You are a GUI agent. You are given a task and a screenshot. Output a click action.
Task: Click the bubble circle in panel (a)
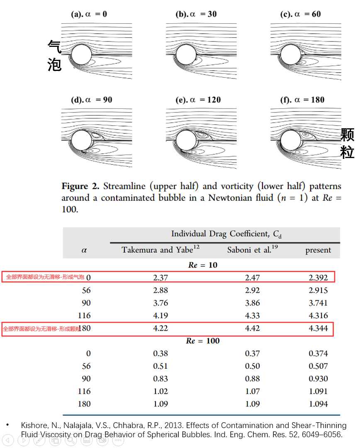click(x=81, y=55)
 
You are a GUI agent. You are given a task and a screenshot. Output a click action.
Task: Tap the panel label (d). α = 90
click(x=92, y=100)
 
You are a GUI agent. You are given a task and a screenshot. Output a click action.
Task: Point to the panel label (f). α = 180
click(x=302, y=100)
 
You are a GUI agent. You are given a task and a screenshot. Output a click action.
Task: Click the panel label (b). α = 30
click(x=196, y=14)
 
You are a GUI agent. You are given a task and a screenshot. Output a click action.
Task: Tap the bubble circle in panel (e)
click(x=186, y=140)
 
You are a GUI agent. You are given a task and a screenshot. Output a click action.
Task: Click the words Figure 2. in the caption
click(x=80, y=187)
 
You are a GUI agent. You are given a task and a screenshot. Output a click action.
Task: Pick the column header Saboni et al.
click(x=249, y=250)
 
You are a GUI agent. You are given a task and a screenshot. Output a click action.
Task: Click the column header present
click(x=318, y=250)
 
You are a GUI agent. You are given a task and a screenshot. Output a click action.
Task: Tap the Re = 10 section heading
click(x=202, y=265)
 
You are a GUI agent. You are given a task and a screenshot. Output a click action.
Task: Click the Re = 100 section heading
click(x=203, y=341)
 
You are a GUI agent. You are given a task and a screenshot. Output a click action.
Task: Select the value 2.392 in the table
click(x=318, y=278)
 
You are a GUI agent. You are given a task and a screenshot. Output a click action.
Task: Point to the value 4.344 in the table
click(x=318, y=329)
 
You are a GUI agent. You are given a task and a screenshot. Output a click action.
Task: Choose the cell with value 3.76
click(x=161, y=303)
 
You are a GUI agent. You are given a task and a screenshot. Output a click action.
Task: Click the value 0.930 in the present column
click(x=318, y=379)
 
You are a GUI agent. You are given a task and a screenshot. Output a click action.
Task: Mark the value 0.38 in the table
click(x=161, y=353)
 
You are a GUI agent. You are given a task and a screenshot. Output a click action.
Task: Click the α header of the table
click(x=84, y=250)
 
